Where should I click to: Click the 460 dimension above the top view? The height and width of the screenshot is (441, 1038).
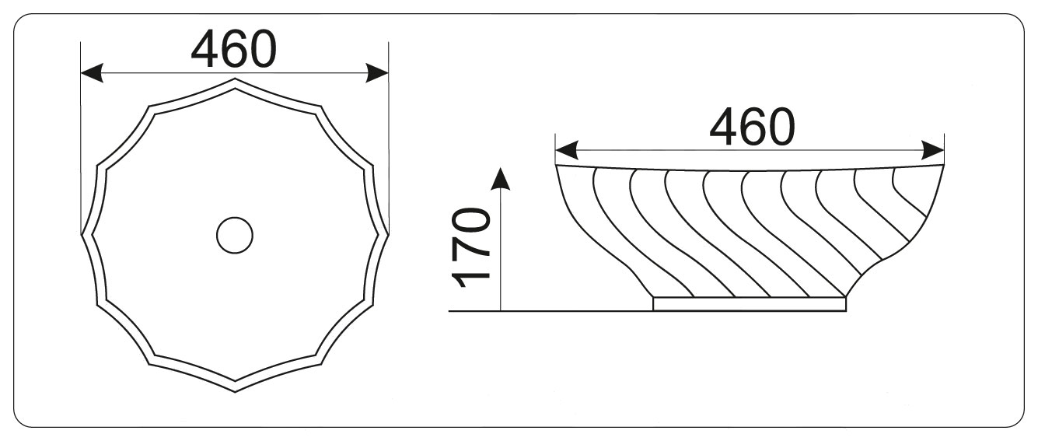pos(233,49)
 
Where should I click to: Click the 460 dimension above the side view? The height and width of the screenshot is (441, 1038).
pos(752,127)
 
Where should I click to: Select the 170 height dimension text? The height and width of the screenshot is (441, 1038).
pos(471,247)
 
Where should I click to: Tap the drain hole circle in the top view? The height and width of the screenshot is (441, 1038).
pos(235,235)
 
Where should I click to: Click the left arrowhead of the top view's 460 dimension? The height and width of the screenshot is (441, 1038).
pos(92,73)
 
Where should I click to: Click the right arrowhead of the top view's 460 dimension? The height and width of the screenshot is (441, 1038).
pos(377,73)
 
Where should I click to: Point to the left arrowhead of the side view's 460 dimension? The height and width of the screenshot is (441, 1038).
pos(566,151)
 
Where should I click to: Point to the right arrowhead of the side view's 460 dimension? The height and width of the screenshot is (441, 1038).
pos(933,151)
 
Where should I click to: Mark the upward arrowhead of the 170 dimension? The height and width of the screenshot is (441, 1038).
pos(501,179)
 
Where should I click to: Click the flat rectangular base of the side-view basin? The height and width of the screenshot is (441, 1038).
pos(750,304)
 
